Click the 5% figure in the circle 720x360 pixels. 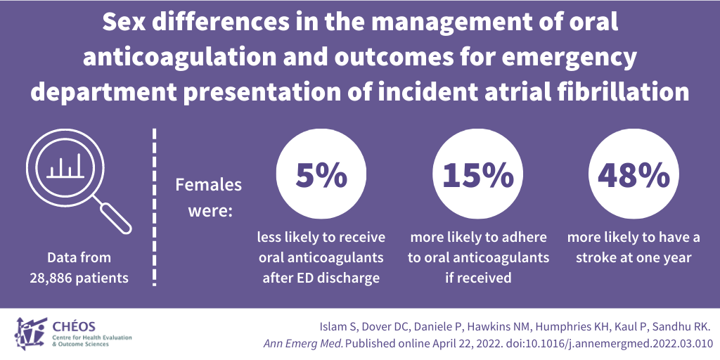(x=321, y=176)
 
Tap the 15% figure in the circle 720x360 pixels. (x=478, y=176)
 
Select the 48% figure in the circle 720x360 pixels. (x=634, y=176)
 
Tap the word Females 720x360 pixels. (x=208, y=185)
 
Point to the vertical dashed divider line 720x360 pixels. (x=155, y=207)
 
